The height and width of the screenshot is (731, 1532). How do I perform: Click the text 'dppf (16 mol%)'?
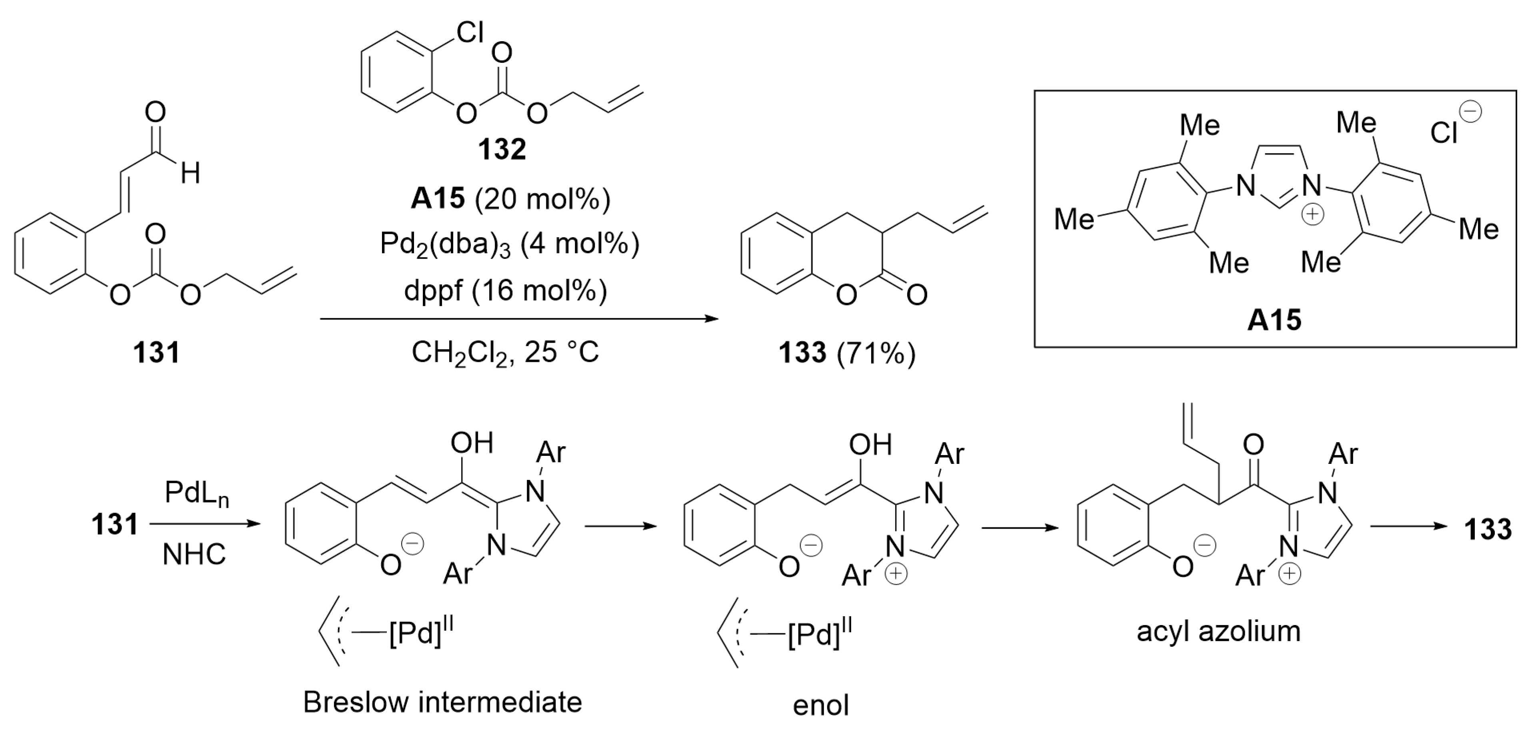pyautogui.click(x=506, y=290)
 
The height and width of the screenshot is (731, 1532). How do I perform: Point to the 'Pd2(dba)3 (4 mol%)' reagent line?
pyautogui.click(x=510, y=244)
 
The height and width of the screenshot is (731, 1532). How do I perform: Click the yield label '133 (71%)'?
pyautogui.click(x=847, y=354)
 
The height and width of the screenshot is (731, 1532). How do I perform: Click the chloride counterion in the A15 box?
pyautogui.click(x=1446, y=132)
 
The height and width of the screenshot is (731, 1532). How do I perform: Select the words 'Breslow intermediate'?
pyautogui.click(x=442, y=703)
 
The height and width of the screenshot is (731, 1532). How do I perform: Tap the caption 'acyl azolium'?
pyautogui.click(x=1218, y=631)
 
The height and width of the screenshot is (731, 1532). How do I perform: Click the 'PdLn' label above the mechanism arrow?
pyautogui.click(x=197, y=494)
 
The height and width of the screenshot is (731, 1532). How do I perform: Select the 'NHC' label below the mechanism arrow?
pyautogui.click(x=194, y=554)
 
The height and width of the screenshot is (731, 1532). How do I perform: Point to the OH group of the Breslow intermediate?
pyautogui.click(x=472, y=443)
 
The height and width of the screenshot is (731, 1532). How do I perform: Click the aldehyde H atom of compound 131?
pyautogui.click(x=190, y=174)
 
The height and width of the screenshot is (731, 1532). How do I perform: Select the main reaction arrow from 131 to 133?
pyautogui.click(x=519, y=319)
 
